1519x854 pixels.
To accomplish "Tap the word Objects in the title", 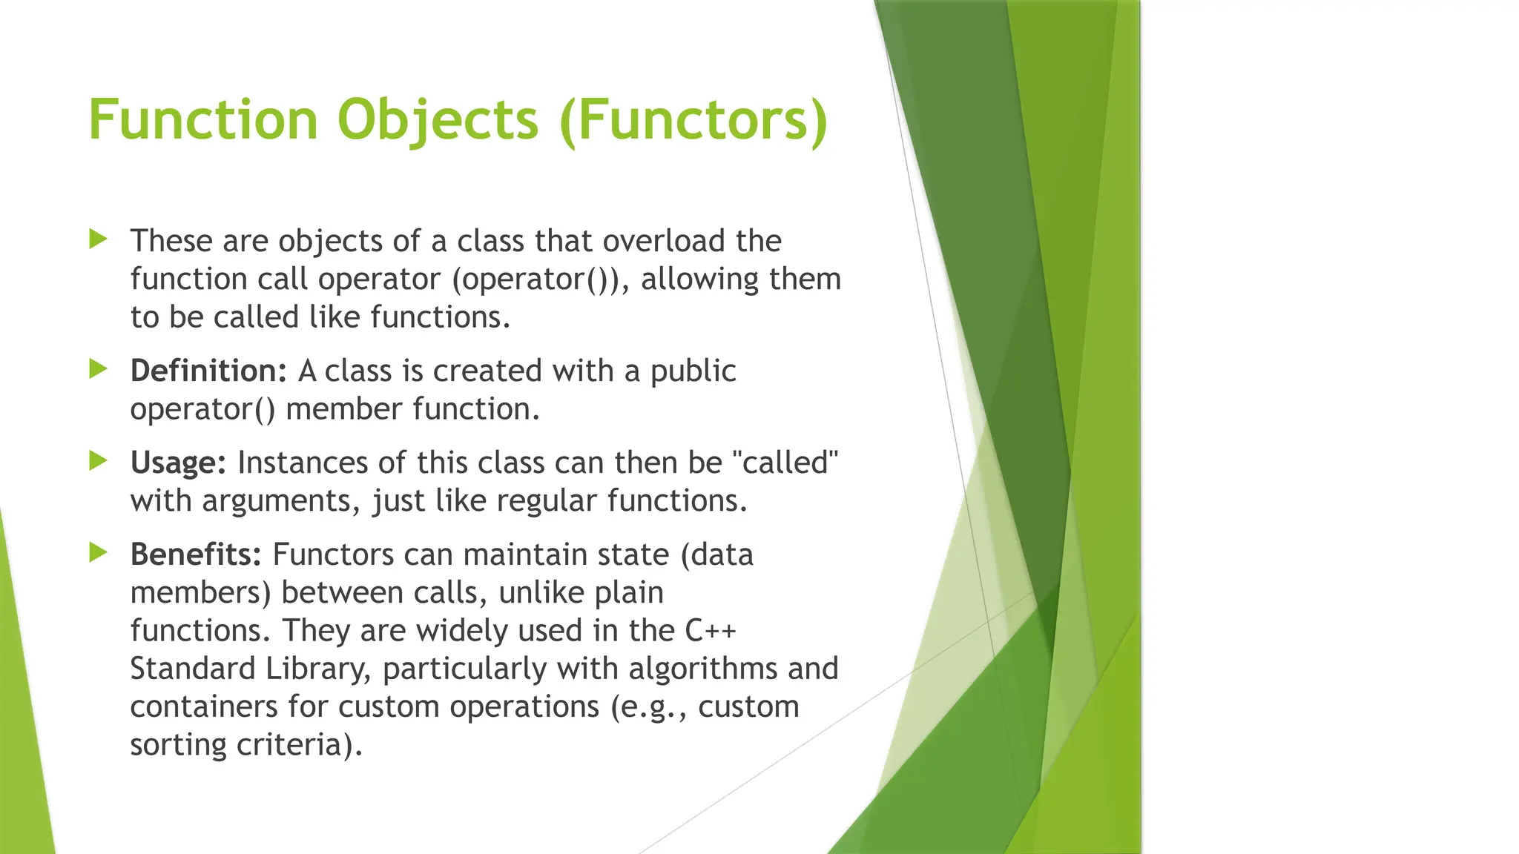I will [438, 120].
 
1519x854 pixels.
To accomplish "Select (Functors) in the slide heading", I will [693, 120].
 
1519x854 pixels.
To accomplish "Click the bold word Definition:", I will [208, 371].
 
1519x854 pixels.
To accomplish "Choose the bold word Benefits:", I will [196, 555].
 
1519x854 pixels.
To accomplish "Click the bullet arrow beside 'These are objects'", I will [98, 239].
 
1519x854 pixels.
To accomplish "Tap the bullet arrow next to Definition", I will [98, 368].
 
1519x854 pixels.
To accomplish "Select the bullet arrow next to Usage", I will [98, 460].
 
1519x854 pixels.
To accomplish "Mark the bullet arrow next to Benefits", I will [98, 552].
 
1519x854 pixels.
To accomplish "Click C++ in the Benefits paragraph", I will [710, 631].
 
